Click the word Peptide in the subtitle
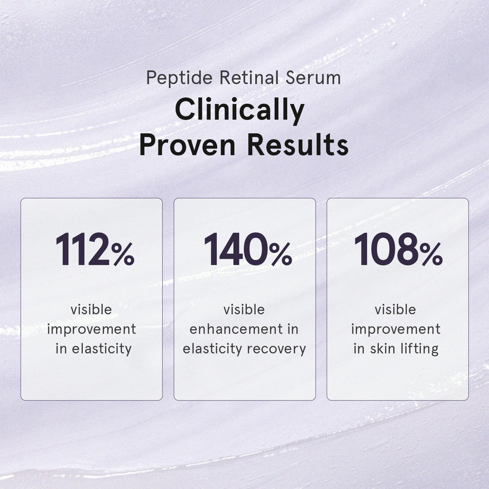click(179, 78)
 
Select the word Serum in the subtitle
click(313, 78)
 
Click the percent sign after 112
click(123, 254)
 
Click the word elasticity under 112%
click(101, 349)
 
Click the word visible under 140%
click(244, 310)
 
